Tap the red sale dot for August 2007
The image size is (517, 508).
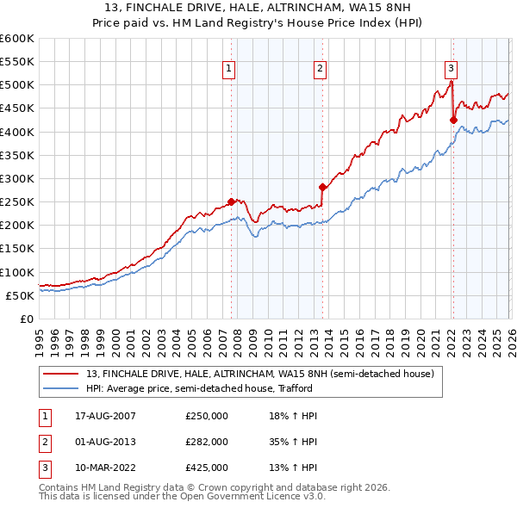(231, 202)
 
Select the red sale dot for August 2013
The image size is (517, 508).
(322, 187)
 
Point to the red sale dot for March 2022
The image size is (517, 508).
(453, 121)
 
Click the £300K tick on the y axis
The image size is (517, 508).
(17, 178)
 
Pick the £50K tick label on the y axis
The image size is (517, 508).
(20, 295)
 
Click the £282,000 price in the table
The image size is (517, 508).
(207, 442)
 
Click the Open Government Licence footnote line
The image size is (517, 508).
(170, 497)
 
